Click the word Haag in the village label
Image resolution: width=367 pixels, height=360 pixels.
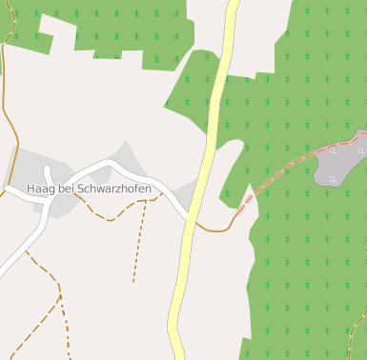click(x=40, y=190)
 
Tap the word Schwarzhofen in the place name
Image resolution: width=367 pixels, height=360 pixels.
click(x=114, y=190)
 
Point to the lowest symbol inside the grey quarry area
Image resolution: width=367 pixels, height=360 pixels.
click(x=332, y=178)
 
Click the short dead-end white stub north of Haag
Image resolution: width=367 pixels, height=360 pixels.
click(x=47, y=173)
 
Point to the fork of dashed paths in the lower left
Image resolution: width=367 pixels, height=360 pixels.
click(x=59, y=297)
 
